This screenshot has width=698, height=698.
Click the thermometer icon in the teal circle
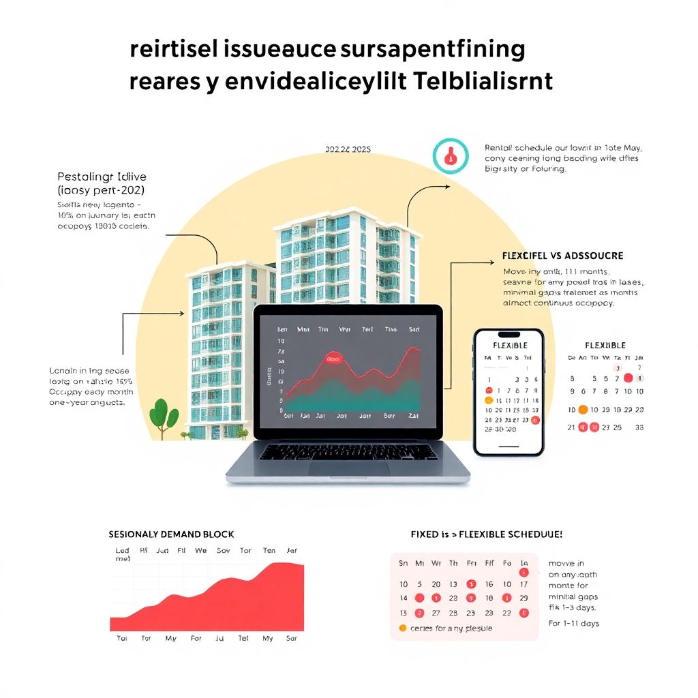pyautogui.click(x=451, y=156)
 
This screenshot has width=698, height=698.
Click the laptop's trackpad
pyautogui.click(x=348, y=468)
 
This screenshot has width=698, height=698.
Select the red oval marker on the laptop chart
pyautogui.click(x=333, y=359)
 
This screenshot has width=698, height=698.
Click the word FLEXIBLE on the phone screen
pyautogui.click(x=510, y=346)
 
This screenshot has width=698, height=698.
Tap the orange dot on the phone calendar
pyautogui.click(x=489, y=400)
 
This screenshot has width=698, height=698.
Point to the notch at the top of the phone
pyautogui.click(x=509, y=335)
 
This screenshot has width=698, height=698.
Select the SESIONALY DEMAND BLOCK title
pyautogui.click(x=171, y=534)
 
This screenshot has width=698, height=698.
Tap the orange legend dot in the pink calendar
pyautogui.click(x=402, y=628)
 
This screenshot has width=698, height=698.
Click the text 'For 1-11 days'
pyautogui.click(x=574, y=624)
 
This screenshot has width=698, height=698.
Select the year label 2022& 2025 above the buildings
pyautogui.click(x=348, y=149)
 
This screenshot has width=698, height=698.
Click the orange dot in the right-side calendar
pyautogui.click(x=583, y=410)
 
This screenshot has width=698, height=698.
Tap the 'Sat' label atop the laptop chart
pyautogui.click(x=413, y=329)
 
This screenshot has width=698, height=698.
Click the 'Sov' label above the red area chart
pyautogui.click(x=223, y=551)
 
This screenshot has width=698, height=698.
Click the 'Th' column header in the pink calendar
pyautogui.click(x=453, y=564)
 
